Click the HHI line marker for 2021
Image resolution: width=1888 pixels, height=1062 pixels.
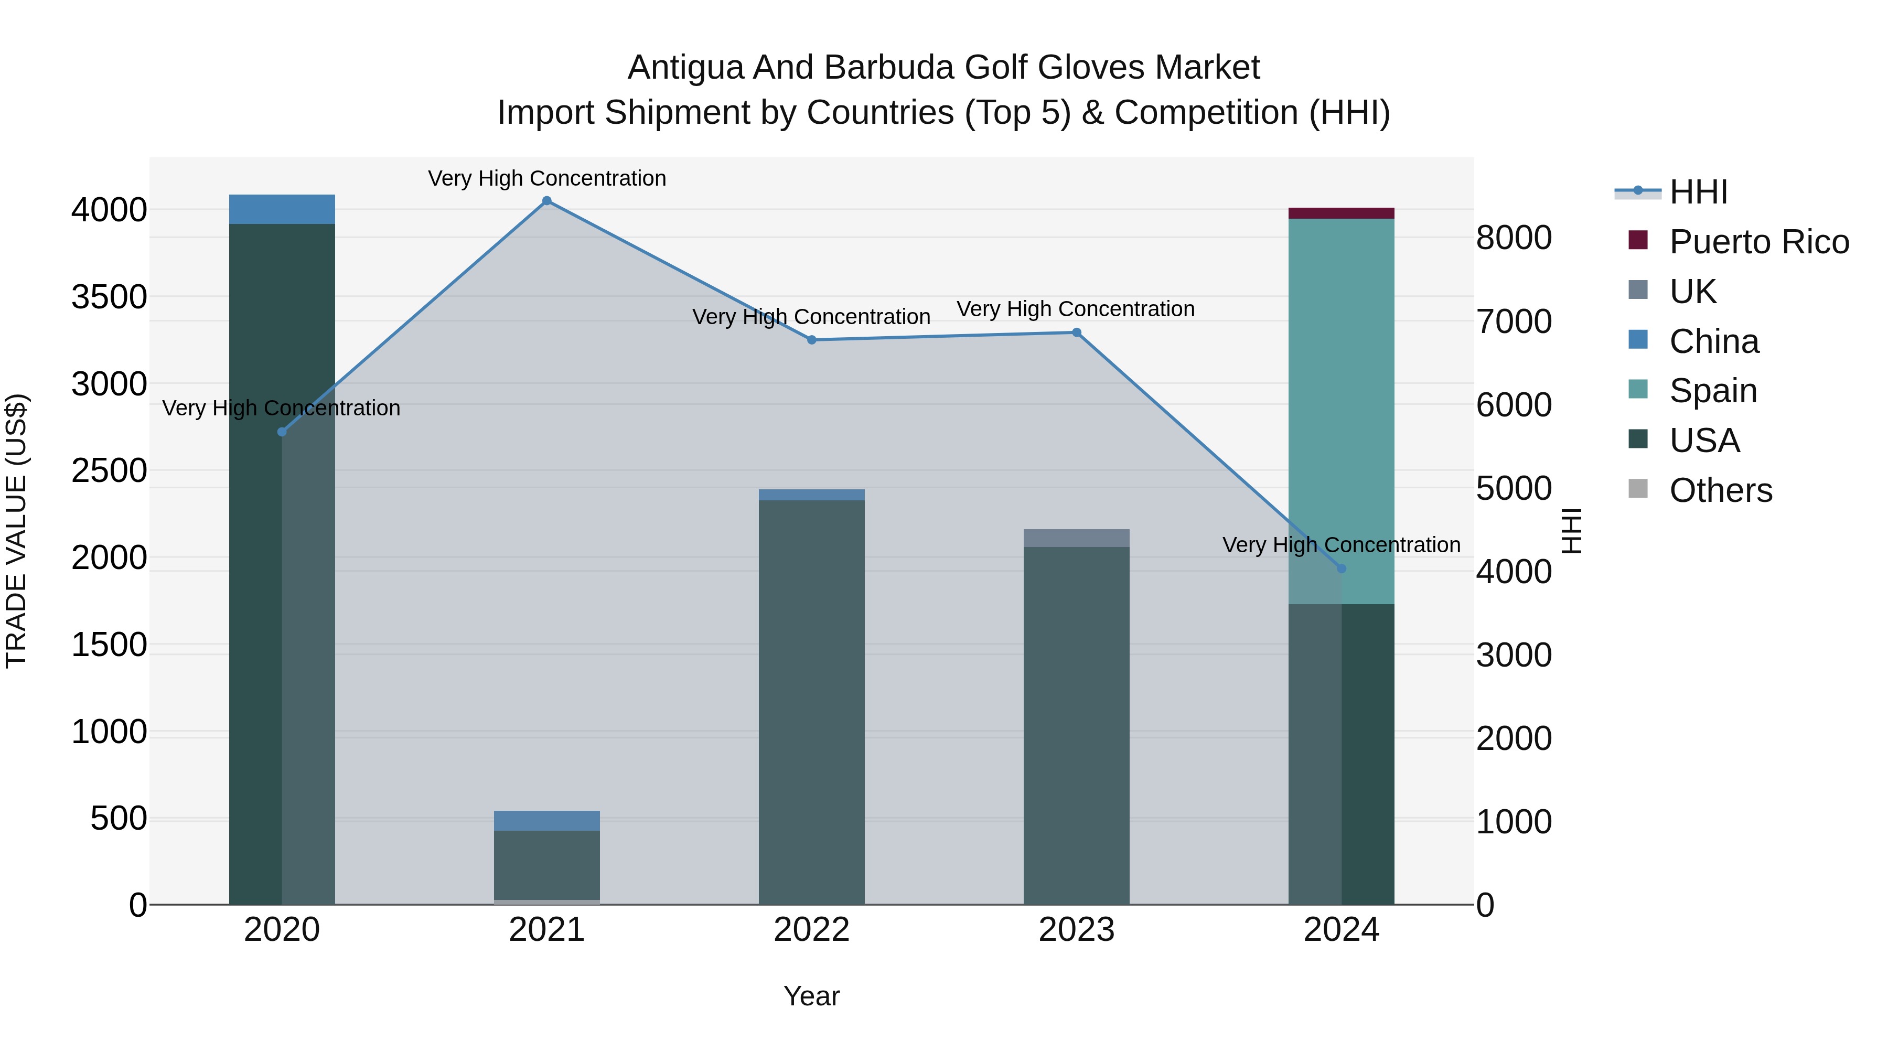[x=547, y=201]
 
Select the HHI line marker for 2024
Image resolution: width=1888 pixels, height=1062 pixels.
[x=1341, y=568]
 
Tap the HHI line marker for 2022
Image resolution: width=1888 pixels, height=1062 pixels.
[x=811, y=340]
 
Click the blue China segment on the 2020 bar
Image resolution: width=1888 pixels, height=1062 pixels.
[x=282, y=210]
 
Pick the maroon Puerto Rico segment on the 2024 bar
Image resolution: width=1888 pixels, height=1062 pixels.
[x=1341, y=213]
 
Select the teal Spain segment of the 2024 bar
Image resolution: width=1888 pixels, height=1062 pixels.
[x=1341, y=411]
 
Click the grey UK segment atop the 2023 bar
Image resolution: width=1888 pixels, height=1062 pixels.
[x=1076, y=538]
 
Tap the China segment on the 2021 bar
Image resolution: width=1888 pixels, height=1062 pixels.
[x=547, y=820]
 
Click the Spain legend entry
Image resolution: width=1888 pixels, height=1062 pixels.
[x=1712, y=391]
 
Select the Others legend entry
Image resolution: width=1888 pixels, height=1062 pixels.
[x=1720, y=490]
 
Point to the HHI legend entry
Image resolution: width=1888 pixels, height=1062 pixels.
[x=1698, y=192]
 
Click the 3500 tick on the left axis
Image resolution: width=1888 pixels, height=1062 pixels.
[x=109, y=297]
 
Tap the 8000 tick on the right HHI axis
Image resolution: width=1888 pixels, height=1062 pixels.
[x=1514, y=238]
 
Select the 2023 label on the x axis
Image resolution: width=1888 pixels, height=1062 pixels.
[x=1076, y=930]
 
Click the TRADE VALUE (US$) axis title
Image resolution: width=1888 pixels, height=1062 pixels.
[x=16, y=531]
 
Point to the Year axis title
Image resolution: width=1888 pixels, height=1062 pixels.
[x=811, y=996]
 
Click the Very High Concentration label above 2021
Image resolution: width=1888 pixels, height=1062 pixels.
[x=547, y=178]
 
